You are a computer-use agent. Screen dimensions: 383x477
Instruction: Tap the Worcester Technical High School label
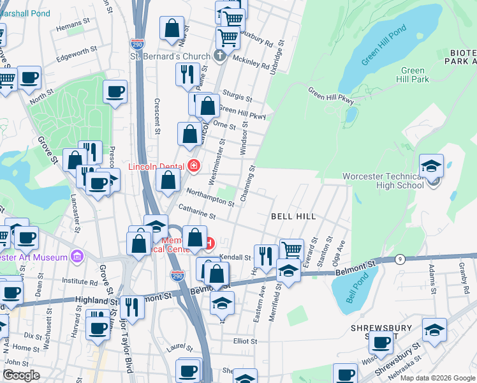(383, 181)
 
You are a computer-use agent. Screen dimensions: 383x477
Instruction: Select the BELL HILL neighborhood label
(293, 216)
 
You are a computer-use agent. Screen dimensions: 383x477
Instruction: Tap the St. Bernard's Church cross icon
(220, 56)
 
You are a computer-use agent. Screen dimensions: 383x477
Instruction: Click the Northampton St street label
(210, 196)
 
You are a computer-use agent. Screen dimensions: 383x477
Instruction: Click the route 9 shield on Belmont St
(400, 259)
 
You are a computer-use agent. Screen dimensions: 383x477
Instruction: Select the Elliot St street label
(245, 341)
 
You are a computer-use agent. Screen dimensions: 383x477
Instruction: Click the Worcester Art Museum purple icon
(77, 257)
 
